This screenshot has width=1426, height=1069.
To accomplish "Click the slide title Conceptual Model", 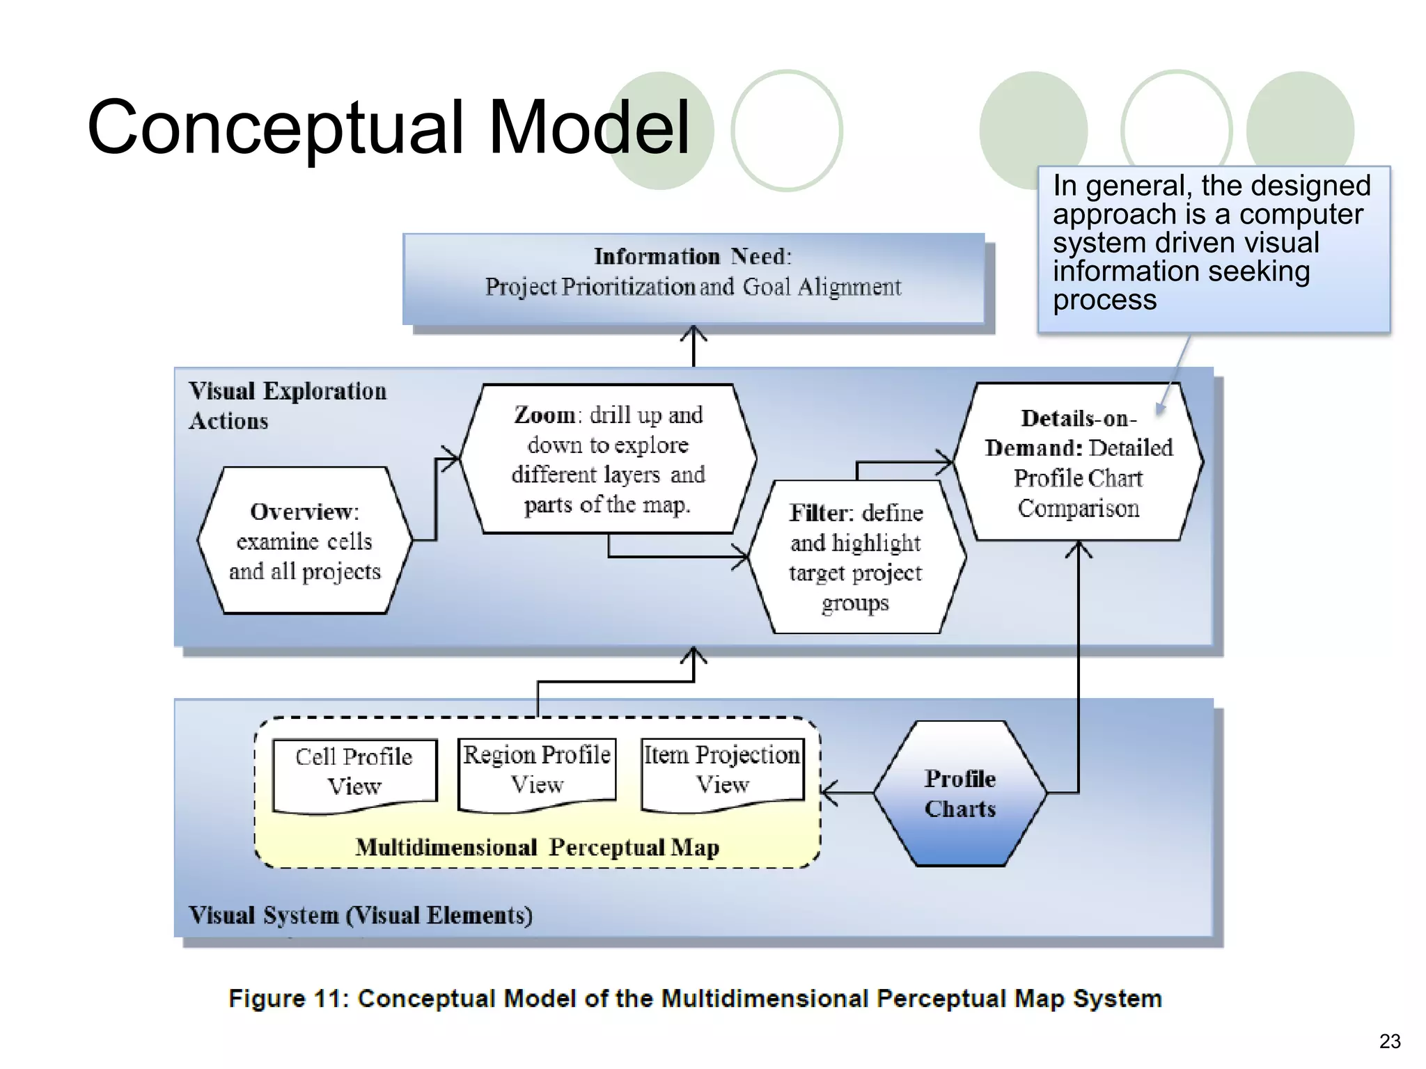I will click(x=388, y=127).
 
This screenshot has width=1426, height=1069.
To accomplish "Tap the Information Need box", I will click(x=693, y=278).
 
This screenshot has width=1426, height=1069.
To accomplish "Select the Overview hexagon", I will click(x=305, y=541).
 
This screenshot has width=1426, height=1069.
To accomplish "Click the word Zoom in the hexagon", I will click(x=544, y=415).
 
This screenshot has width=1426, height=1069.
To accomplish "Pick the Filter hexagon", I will click(x=856, y=557).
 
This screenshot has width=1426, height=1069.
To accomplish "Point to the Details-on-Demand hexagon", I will click(x=1078, y=462).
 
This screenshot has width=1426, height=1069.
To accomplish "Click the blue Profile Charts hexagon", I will click(x=959, y=793).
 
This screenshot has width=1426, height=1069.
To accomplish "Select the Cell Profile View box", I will click(x=354, y=773).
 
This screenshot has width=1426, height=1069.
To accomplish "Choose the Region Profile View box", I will click(x=537, y=770).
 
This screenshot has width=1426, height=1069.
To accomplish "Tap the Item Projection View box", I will click(x=722, y=770).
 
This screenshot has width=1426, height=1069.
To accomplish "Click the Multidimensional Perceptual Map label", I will click(x=537, y=848).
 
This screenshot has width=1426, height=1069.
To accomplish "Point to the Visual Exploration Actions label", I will click(x=287, y=406).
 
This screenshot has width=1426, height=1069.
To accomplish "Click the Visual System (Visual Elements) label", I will click(x=360, y=915).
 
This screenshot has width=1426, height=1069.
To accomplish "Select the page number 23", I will click(x=1389, y=1041).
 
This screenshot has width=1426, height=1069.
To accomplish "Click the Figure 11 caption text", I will click(x=695, y=999).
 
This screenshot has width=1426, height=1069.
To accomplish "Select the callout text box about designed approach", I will click(x=1213, y=248).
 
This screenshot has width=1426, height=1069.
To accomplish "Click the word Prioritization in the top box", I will click(x=627, y=287).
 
